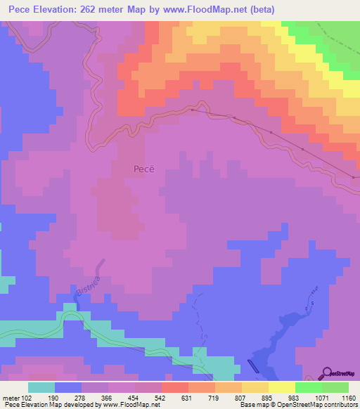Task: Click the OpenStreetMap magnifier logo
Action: [328, 373]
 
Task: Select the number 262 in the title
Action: [90, 9]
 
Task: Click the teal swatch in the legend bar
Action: [41, 387]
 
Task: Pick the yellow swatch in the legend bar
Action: [282, 387]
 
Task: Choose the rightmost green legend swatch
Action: [335, 387]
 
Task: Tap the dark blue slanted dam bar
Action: [254, 368]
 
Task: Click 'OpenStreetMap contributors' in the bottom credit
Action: [316, 405]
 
